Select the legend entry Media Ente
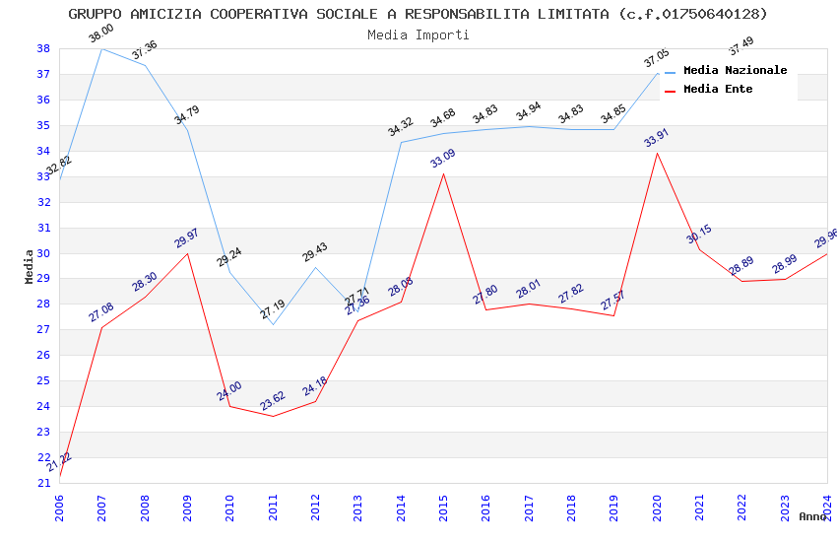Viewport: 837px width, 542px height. coord(717,90)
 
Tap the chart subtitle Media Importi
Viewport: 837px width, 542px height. coord(418,35)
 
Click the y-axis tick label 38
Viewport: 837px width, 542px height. coord(44,48)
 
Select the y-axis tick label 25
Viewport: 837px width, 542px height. coord(44,380)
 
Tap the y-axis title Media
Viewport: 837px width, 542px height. coord(30,266)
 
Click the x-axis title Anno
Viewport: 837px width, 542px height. coord(812,516)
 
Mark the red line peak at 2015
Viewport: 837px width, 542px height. coord(444,173)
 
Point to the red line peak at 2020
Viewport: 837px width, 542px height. coord(657,153)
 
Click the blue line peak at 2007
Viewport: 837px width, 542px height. coord(102,48)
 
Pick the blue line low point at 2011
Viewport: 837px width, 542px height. coord(273,324)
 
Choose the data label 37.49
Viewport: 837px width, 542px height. coord(740,45)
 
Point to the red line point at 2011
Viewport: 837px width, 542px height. coord(273,416)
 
